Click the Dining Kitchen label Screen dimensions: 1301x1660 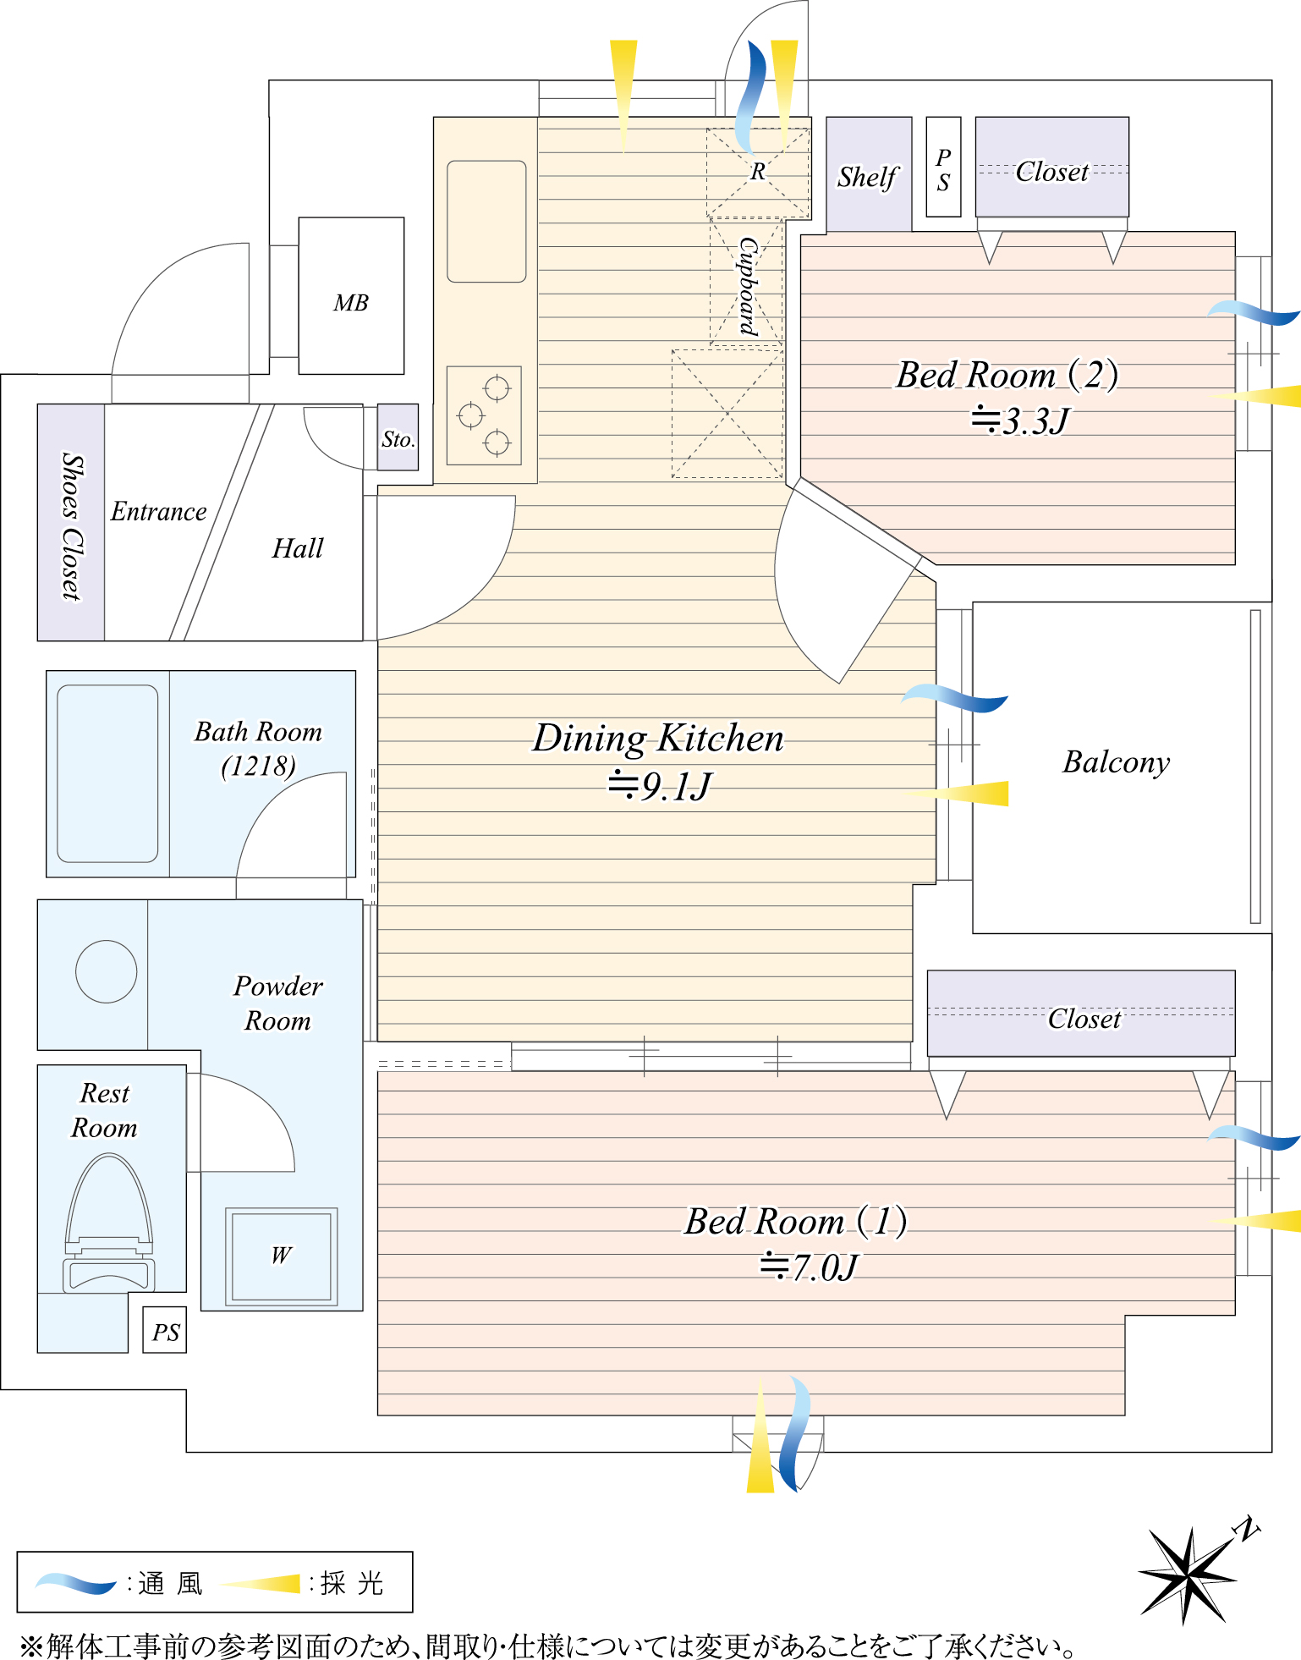point(658,738)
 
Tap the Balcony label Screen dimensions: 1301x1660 point(1117,762)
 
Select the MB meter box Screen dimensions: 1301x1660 point(351,296)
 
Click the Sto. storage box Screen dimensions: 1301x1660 point(398,437)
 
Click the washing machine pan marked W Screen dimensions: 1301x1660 point(282,1256)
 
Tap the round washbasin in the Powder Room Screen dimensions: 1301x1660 point(107,971)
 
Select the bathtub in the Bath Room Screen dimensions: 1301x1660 point(107,773)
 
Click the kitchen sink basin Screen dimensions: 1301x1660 point(486,221)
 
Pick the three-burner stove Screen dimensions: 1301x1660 point(484,415)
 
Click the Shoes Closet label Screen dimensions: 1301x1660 point(73,526)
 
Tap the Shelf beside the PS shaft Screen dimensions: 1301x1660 point(869,174)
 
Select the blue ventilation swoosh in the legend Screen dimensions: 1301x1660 point(76,1583)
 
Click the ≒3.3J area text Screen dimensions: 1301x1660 point(1020,420)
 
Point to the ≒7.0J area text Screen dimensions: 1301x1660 point(809,1267)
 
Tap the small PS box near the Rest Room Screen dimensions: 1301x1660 point(165,1331)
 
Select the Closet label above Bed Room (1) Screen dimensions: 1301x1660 point(1084,1019)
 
